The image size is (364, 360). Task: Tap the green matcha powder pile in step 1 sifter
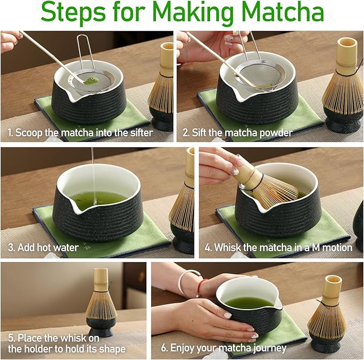[x=92, y=80]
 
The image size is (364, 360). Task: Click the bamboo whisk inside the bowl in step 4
[x=271, y=185]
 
